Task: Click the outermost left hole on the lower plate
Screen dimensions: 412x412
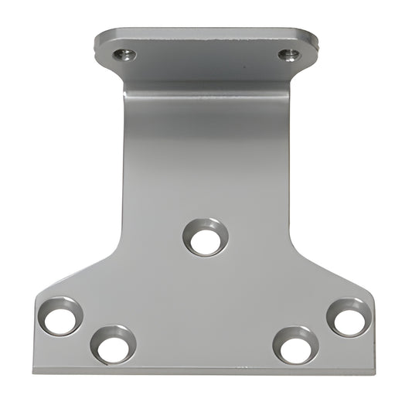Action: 61,316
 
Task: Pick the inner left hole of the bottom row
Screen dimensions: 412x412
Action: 113,344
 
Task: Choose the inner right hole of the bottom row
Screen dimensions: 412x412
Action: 296,345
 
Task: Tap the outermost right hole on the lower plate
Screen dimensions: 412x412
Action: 349,317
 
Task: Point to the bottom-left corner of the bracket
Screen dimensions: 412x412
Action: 34,371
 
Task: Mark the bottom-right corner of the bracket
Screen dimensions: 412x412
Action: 375,372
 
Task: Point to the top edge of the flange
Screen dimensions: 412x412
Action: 206,32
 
